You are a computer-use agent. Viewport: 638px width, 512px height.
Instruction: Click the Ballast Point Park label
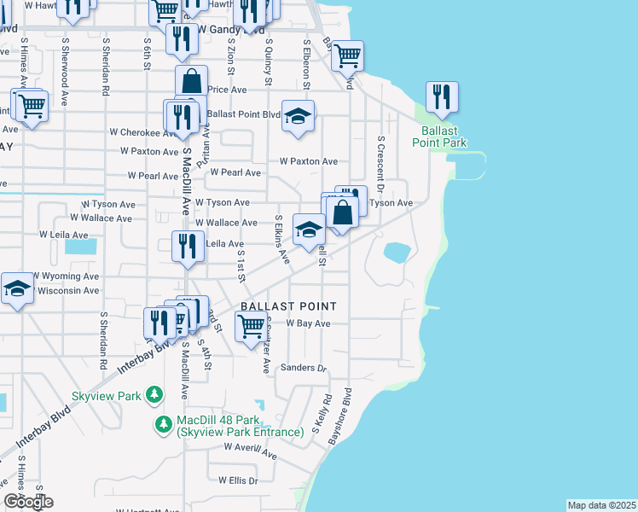click(x=444, y=137)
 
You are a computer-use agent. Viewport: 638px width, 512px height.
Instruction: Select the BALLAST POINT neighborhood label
click(x=288, y=305)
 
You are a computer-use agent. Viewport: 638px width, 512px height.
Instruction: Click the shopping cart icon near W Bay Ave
click(x=251, y=324)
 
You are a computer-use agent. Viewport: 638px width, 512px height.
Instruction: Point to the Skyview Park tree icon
click(x=154, y=394)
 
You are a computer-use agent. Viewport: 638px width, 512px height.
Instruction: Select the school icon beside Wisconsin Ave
click(x=16, y=288)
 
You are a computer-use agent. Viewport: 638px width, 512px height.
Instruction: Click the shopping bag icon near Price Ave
click(x=192, y=82)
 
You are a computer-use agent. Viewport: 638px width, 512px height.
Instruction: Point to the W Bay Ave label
click(x=308, y=323)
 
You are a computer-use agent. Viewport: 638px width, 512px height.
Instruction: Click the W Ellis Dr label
click(x=238, y=480)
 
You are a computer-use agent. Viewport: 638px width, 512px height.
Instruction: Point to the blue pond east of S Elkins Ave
click(x=396, y=252)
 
